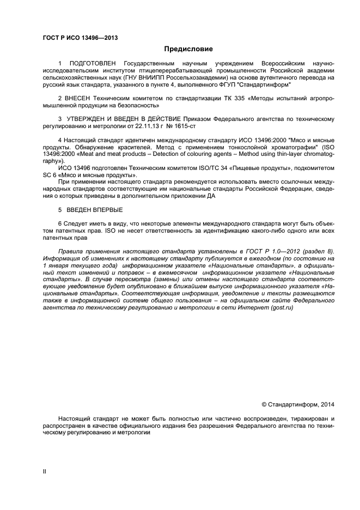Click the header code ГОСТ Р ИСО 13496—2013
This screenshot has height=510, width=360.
tap(80, 38)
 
